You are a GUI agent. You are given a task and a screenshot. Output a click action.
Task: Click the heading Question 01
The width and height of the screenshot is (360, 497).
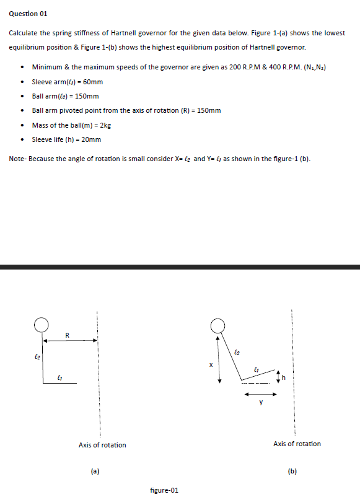(x=27, y=13)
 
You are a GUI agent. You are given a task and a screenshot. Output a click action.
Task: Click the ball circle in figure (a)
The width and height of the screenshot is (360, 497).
(x=42, y=325)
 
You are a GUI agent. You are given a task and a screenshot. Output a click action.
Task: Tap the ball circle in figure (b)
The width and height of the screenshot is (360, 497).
(x=217, y=325)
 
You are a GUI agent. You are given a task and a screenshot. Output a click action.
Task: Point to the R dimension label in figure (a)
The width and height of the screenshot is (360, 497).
(x=68, y=335)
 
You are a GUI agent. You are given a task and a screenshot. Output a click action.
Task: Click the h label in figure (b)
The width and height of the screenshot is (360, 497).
(x=286, y=376)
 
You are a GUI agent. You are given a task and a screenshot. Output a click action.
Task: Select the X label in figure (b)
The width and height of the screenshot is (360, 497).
(x=210, y=364)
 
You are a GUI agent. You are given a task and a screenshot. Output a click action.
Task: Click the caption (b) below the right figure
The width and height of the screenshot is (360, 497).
(x=292, y=471)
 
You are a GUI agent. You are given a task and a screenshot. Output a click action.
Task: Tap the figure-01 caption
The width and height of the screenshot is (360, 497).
(x=164, y=490)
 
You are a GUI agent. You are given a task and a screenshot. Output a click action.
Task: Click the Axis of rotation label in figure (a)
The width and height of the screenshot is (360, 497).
(x=102, y=445)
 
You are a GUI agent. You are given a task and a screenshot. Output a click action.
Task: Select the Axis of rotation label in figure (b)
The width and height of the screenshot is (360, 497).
(x=297, y=444)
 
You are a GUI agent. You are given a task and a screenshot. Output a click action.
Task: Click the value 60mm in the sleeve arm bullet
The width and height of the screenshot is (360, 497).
(x=90, y=82)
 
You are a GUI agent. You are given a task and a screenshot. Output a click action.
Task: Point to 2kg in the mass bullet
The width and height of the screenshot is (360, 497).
(x=105, y=125)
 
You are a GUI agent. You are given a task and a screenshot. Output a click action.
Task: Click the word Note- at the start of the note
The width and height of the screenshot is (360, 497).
(x=18, y=159)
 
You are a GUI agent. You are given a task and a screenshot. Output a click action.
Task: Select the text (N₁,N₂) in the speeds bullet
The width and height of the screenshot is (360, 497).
(x=314, y=67)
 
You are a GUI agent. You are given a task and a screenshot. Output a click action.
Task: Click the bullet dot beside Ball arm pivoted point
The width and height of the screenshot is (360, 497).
(x=22, y=111)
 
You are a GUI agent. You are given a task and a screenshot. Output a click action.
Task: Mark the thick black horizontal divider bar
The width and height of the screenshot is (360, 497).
(x=180, y=267)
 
